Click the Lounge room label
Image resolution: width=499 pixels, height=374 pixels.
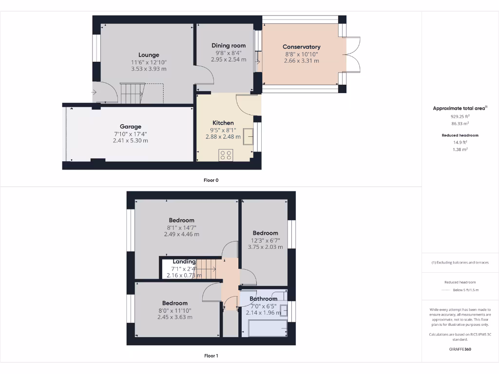(149, 55)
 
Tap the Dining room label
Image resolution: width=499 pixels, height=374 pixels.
(229, 45)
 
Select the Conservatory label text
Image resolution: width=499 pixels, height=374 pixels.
(302, 47)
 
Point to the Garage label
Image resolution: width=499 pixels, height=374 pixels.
(131, 127)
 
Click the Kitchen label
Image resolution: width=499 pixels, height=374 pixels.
(223, 123)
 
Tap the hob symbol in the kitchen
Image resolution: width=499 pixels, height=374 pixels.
(226, 155)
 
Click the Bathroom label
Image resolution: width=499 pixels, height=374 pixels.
(264, 299)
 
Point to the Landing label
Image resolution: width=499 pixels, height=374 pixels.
(184, 262)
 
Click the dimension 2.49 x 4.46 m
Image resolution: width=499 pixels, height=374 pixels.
(182, 234)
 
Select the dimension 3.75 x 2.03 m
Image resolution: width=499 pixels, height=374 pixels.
(265, 247)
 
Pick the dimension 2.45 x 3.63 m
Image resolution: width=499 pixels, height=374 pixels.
(175, 317)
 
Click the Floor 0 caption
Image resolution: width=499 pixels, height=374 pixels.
(211, 180)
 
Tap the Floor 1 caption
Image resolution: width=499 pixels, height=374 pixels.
(211, 356)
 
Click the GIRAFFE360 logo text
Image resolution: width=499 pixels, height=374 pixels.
(460, 349)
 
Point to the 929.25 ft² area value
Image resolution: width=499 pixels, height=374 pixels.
(460, 117)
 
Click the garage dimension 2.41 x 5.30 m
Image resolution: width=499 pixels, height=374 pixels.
(131, 140)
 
